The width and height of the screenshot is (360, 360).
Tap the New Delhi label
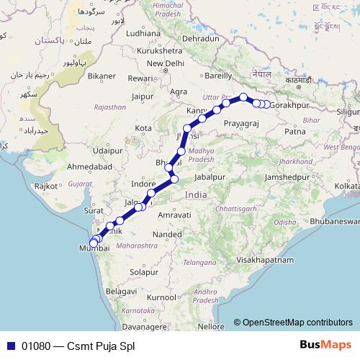(x=165, y=63)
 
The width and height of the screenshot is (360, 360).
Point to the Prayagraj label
(x=240, y=124)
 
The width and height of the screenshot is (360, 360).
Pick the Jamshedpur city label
(x=290, y=176)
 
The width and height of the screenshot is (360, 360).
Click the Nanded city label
(x=167, y=234)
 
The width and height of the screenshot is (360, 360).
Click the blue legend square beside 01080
(x=10, y=345)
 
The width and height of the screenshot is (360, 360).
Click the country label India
(x=194, y=195)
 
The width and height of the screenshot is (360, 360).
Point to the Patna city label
(x=295, y=131)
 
